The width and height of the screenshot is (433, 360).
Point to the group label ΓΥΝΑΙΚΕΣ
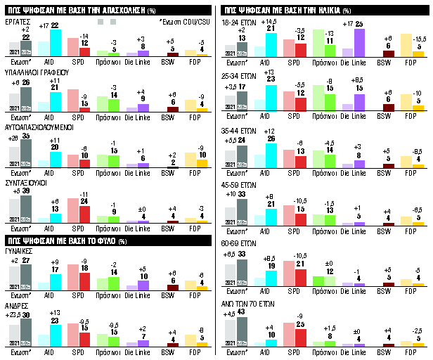click(22, 250)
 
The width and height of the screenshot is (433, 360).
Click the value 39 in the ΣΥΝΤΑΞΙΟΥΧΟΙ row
click(26, 191)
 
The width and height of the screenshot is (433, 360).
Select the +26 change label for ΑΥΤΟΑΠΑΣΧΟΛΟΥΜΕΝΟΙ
click(13, 136)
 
